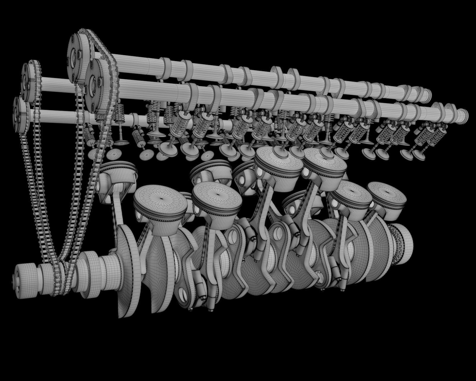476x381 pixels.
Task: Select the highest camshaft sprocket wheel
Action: pyautogui.click(x=78, y=57)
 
